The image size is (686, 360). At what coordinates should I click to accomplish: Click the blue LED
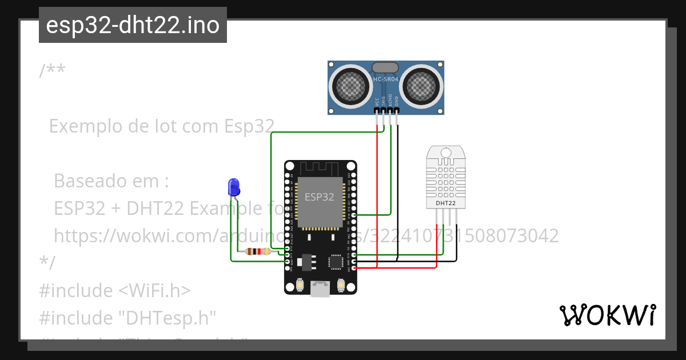pos(233,186)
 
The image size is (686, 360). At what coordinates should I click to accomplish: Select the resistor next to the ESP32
pos(258,251)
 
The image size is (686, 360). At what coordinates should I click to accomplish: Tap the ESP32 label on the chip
pos(319,197)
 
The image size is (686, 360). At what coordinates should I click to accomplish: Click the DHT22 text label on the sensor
pos(446,203)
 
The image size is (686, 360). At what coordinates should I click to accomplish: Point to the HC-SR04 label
pos(385,79)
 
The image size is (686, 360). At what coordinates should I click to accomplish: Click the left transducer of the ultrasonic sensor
pos(350,86)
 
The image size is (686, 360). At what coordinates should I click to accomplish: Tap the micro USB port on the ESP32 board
pos(320,289)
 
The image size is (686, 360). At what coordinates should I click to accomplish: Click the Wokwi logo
pos(607,315)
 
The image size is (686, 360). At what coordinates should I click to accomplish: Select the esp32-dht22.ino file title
pos(133,25)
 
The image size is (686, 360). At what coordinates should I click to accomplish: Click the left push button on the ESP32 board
pos(301,285)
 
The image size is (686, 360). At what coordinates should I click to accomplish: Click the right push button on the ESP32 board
pos(341,285)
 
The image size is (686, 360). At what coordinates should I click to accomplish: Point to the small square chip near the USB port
pos(336,262)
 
